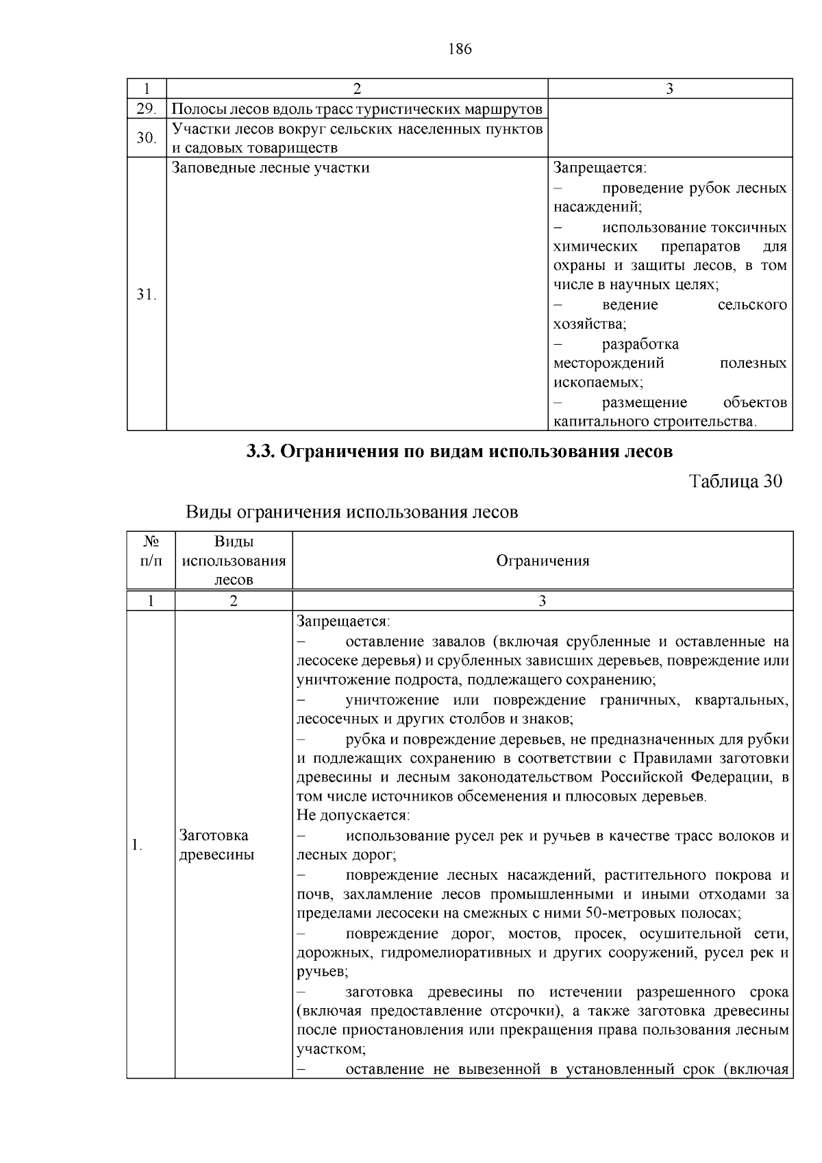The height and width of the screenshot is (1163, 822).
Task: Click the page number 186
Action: (x=460, y=49)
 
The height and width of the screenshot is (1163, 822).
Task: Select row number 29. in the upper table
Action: (x=146, y=109)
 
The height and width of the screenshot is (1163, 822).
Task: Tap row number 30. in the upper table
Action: (x=146, y=138)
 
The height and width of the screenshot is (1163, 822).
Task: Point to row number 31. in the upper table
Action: (x=146, y=295)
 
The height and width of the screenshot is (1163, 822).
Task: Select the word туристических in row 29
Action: (x=397, y=109)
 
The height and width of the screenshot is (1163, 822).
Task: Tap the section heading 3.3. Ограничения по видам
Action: (x=460, y=452)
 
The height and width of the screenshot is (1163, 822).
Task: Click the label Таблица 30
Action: (x=734, y=481)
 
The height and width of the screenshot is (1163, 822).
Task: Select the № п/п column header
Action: (x=151, y=552)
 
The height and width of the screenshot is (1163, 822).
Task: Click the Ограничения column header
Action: (x=543, y=561)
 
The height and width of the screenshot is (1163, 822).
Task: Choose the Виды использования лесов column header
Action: (x=234, y=561)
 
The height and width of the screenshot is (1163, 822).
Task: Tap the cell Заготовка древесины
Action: (x=216, y=845)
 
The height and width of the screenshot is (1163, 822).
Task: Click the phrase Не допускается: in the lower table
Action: (x=353, y=816)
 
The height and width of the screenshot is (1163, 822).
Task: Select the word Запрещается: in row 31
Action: (x=600, y=168)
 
